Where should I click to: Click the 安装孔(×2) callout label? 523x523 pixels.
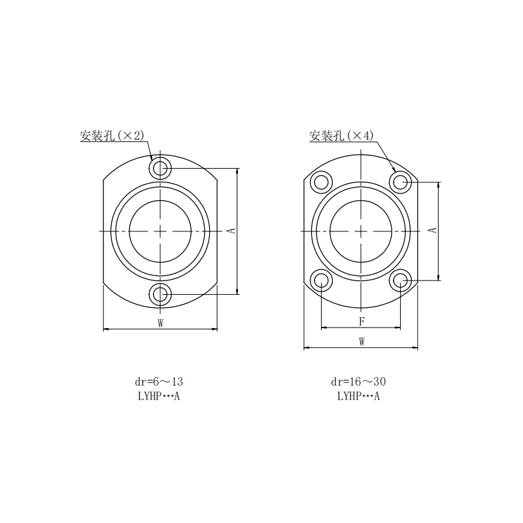click(x=112, y=135)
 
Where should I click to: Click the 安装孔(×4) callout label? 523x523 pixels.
click(x=341, y=135)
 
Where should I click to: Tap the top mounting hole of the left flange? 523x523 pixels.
click(x=160, y=168)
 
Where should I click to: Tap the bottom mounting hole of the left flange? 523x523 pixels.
click(x=160, y=294)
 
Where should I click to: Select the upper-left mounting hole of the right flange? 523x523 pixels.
click(x=321, y=182)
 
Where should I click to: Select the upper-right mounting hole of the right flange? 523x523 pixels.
click(x=400, y=182)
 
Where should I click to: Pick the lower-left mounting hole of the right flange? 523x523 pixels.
click(x=321, y=280)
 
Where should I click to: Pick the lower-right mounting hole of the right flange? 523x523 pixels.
click(x=400, y=280)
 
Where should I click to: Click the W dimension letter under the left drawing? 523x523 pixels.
click(x=160, y=323)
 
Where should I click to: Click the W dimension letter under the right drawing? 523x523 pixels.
click(x=362, y=341)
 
